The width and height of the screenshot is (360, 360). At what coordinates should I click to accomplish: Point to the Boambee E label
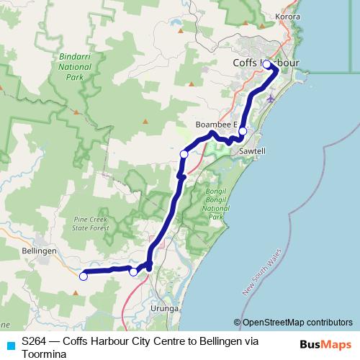coord(217,125)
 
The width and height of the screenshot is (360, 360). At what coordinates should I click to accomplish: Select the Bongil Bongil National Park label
coord(212,206)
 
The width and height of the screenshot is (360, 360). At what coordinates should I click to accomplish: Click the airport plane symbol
coord(270,97)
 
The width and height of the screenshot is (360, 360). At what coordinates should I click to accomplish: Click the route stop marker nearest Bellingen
coord(84,276)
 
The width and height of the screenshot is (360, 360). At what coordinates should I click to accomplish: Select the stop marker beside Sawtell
coord(243,131)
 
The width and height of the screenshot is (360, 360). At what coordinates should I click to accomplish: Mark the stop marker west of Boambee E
coord(184,154)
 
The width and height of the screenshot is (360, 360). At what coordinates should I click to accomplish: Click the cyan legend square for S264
coord(10,345)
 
